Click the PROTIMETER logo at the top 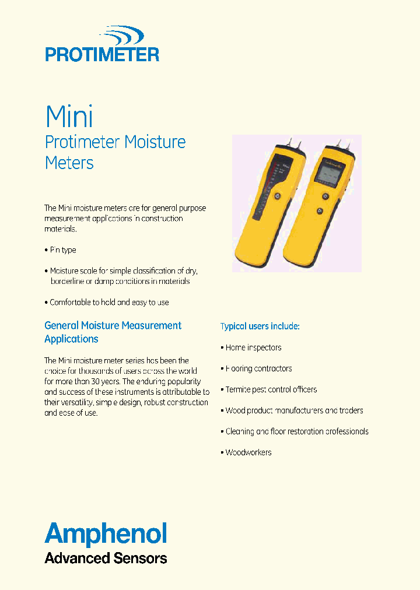(x=102, y=45)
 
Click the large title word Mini (x=69, y=117)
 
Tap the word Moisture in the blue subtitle (x=155, y=142)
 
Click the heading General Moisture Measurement (x=113, y=325)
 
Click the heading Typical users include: (x=260, y=326)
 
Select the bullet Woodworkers (x=249, y=452)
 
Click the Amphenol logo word (x=106, y=533)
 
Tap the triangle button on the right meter (x=320, y=211)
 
